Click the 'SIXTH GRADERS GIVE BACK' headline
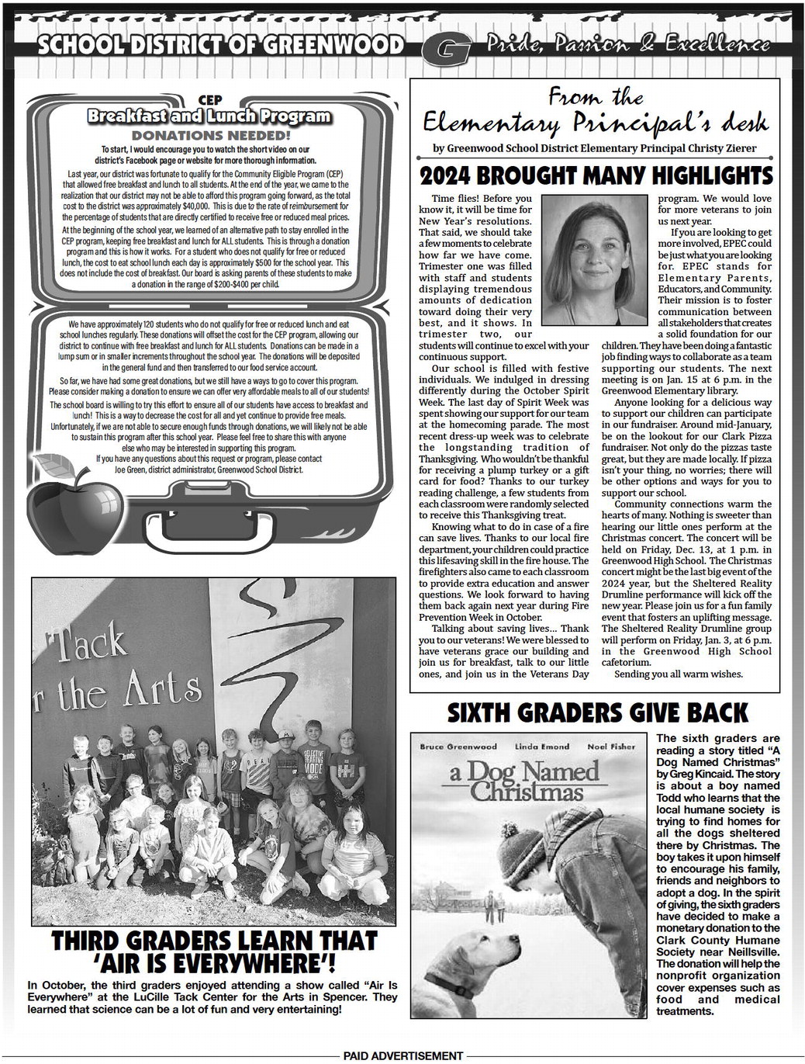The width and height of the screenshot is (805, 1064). tap(596, 712)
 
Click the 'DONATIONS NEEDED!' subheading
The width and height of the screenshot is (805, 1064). tap(210, 133)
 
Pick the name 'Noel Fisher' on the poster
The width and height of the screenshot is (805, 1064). tap(610, 747)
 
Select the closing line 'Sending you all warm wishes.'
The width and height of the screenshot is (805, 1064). tap(679, 674)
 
